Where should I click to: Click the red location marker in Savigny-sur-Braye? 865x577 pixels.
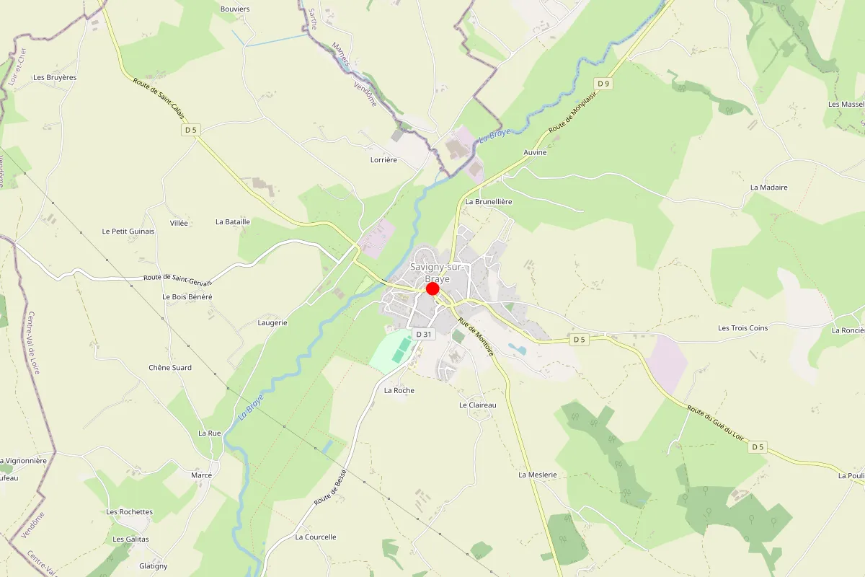432,288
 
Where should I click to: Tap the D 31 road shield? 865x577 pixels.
423,334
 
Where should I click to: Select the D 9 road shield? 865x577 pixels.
603,84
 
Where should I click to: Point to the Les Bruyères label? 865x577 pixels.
55,77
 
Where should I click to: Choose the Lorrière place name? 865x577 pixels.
383,160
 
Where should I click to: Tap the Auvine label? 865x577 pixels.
535,153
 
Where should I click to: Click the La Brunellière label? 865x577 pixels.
488,202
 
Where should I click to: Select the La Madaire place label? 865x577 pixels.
768,188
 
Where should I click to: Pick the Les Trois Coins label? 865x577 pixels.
742,328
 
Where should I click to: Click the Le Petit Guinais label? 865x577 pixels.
128,232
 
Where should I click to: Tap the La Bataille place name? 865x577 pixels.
232,222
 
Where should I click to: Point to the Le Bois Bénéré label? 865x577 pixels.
187,297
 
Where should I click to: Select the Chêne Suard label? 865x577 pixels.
170,368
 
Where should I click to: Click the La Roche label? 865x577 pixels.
399,391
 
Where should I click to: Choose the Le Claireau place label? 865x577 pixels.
478,405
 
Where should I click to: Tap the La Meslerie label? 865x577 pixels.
538,475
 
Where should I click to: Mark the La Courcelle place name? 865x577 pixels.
316,537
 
